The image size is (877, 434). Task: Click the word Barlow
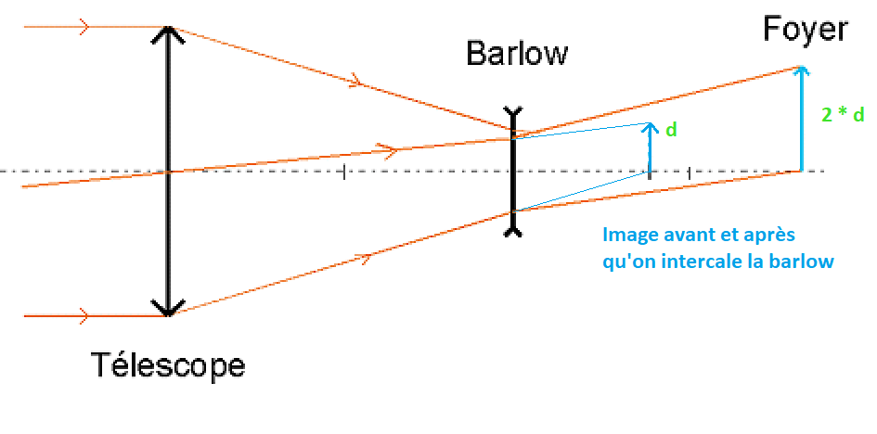[x=516, y=53]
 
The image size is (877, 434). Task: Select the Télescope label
[x=168, y=364]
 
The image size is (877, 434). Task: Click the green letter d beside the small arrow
[x=671, y=130]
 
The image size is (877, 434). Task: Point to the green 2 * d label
[x=843, y=115]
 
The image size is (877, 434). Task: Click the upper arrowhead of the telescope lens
[x=168, y=32]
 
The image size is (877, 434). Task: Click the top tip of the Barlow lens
[x=512, y=111]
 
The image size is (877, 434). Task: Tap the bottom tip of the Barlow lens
[x=512, y=233]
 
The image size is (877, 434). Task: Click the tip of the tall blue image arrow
[x=801, y=68]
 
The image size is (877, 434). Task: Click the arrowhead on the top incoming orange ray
[x=84, y=27]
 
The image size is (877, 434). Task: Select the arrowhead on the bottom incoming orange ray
[x=84, y=316]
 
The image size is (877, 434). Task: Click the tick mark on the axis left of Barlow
[x=345, y=172]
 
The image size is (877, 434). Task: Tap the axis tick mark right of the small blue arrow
[x=689, y=172]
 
